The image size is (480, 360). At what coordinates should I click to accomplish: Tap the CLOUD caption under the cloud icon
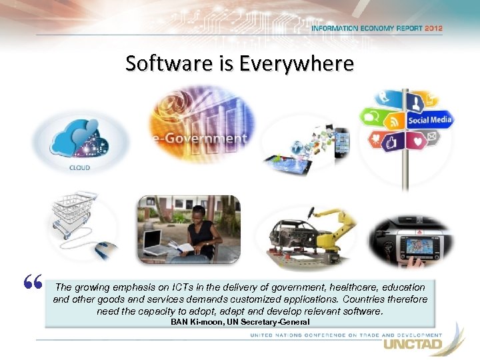click(x=79, y=167)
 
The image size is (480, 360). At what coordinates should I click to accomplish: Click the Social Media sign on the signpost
click(x=429, y=120)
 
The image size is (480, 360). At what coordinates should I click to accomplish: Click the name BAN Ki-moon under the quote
click(x=191, y=322)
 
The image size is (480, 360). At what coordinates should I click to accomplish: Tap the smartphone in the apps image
click(x=341, y=141)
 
